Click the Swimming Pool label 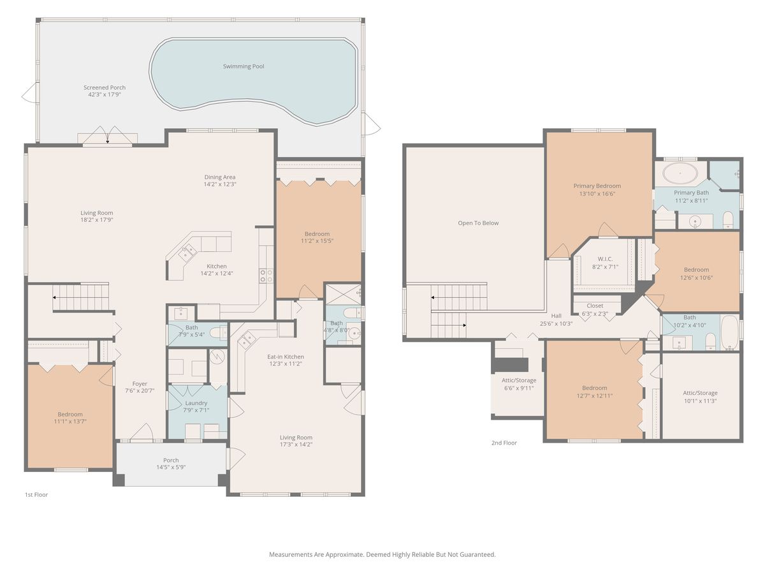click(244, 66)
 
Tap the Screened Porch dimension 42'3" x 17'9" click(105, 94)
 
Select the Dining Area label click(220, 177)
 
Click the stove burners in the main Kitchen click(266, 276)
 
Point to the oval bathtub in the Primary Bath click(681, 173)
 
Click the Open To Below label click(478, 223)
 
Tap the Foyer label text click(140, 384)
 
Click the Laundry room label click(196, 403)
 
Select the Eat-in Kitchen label click(286, 357)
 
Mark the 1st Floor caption click(36, 494)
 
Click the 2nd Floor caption click(504, 443)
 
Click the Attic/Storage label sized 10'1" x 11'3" click(700, 394)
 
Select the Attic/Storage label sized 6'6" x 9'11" click(518, 381)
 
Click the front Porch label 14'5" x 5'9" click(171, 460)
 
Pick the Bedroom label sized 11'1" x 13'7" click(70, 415)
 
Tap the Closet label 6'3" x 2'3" click(595, 306)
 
